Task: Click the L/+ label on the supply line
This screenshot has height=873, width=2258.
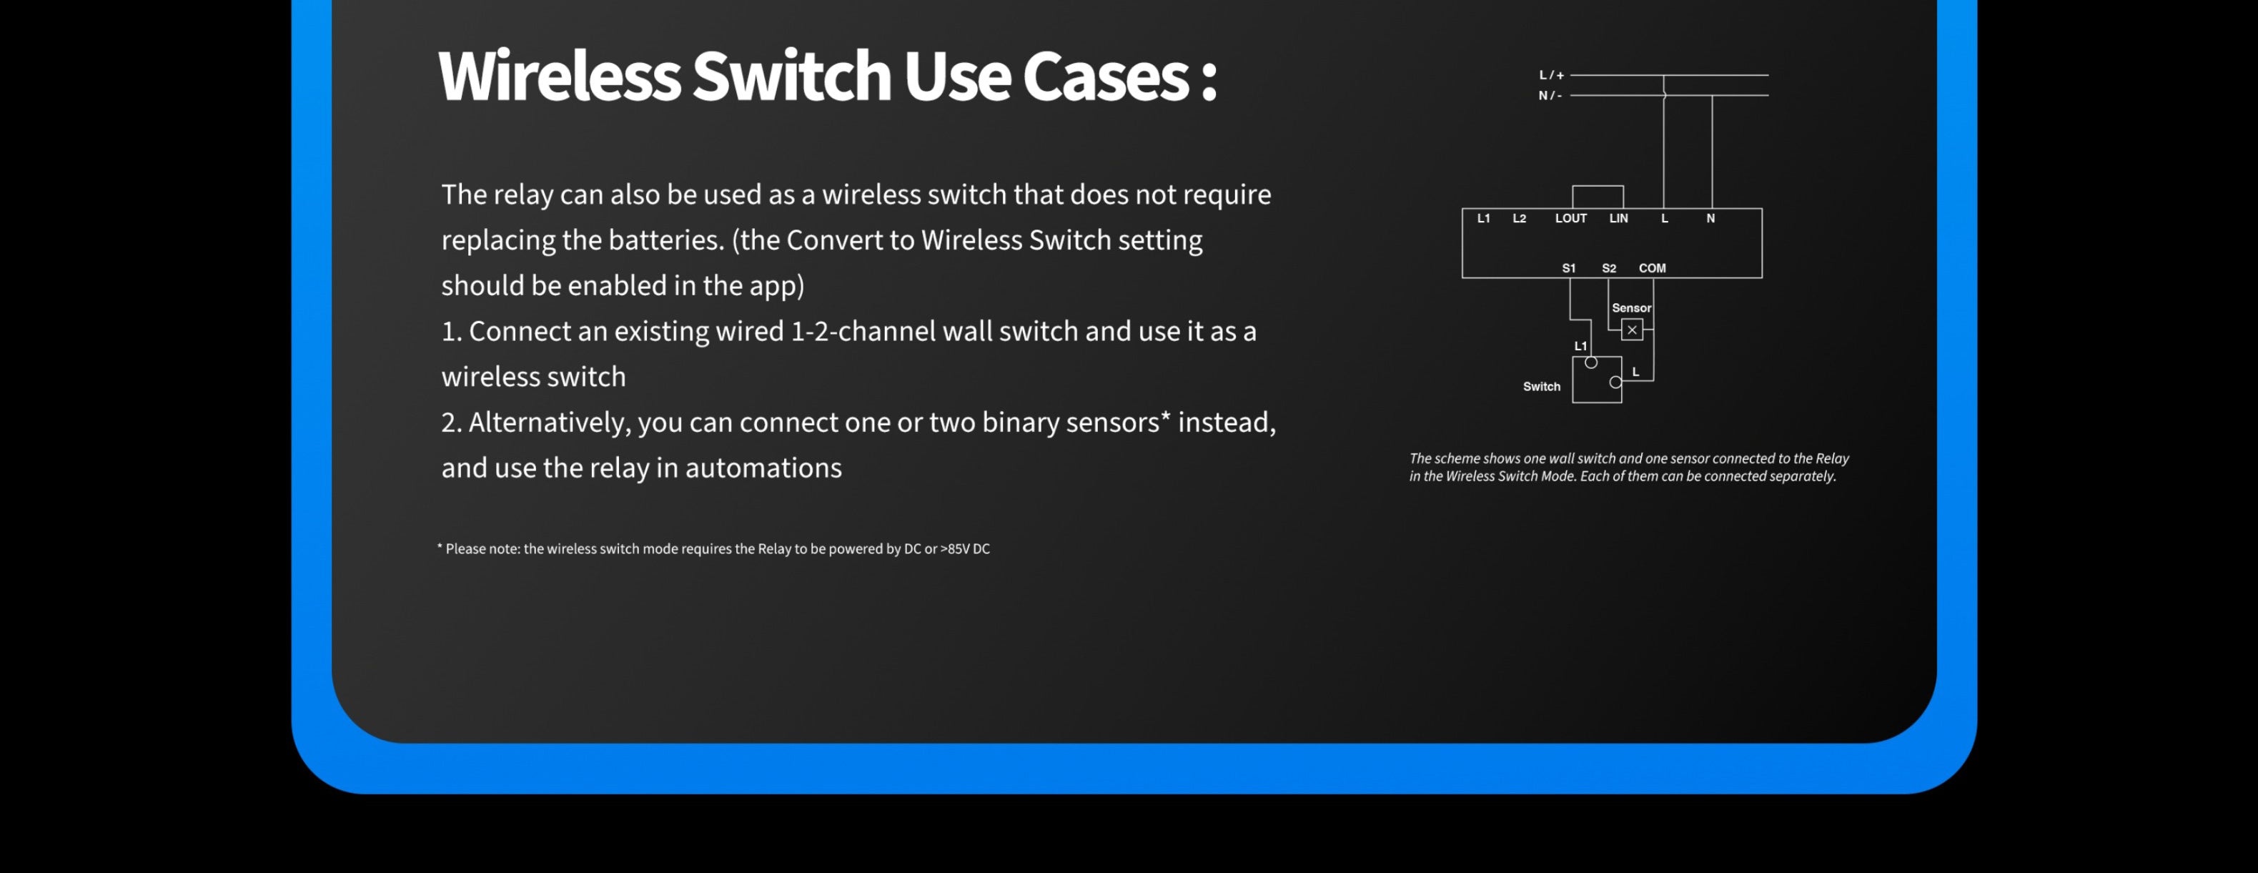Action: tap(1552, 75)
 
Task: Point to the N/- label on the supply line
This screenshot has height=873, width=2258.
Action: tap(1550, 96)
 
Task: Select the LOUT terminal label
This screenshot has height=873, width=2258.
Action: tap(1571, 218)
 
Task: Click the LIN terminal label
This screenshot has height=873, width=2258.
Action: tap(1618, 218)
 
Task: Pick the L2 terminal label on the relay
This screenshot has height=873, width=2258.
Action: tap(1519, 218)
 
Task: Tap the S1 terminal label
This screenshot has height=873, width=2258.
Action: tap(1569, 268)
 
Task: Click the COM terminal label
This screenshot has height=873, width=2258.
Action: tap(1653, 268)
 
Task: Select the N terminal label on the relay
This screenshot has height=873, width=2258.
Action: tap(1710, 218)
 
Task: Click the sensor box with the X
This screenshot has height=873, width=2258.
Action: tap(1632, 330)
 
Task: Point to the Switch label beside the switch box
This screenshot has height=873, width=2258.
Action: tap(1542, 387)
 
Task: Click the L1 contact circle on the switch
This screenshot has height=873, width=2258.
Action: tap(1591, 362)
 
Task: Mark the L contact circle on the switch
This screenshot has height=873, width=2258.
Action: tap(1615, 382)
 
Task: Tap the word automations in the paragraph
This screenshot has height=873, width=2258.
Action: tap(763, 468)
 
